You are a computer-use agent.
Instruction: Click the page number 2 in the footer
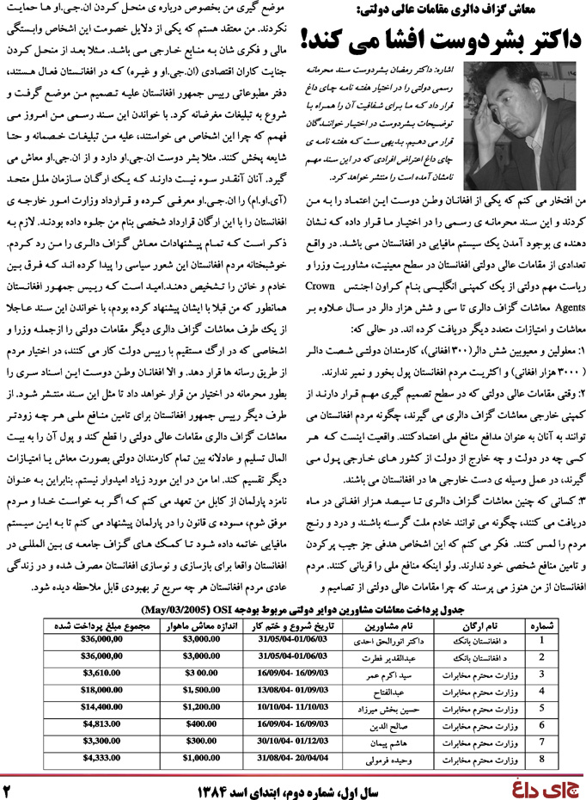11,786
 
